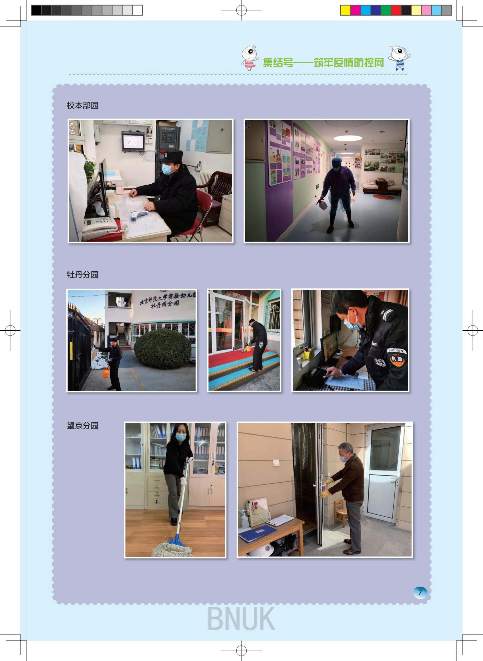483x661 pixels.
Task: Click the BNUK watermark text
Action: (241, 619)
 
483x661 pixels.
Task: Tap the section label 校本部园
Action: (82, 105)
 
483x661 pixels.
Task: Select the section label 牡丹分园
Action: (82, 274)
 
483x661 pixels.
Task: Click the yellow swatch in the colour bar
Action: (345, 10)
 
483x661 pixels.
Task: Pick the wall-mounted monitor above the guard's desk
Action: (133, 142)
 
